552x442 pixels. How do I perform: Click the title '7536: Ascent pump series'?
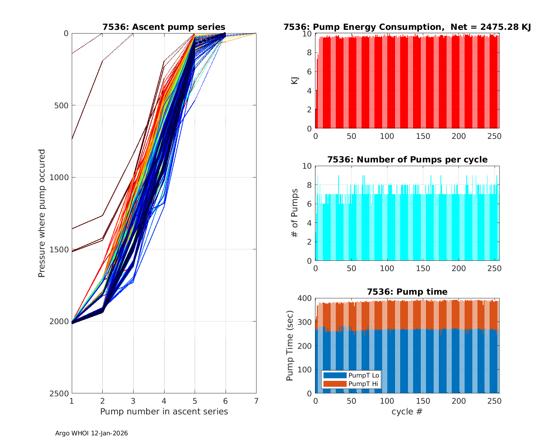click(164, 27)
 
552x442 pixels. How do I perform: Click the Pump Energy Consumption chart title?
click(407, 27)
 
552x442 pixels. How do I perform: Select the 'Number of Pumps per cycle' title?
click(407, 159)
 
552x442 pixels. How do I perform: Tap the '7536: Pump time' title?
click(407, 292)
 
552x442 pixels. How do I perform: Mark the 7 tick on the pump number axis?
click(256, 401)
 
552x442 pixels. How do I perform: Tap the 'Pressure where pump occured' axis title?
click(42, 213)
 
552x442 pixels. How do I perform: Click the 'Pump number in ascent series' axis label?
click(164, 411)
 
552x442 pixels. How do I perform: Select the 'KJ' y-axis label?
click(295, 81)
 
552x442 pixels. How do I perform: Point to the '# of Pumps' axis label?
click(295, 213)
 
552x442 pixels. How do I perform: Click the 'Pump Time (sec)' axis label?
click(290, 345)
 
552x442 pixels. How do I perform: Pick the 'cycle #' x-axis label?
click(407, 411)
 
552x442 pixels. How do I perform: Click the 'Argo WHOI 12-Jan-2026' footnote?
click(92, 433)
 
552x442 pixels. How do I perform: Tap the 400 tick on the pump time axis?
click(306, 298)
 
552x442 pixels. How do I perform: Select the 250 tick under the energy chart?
click(494, 136)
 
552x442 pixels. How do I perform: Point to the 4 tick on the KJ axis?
click(309, 91)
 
